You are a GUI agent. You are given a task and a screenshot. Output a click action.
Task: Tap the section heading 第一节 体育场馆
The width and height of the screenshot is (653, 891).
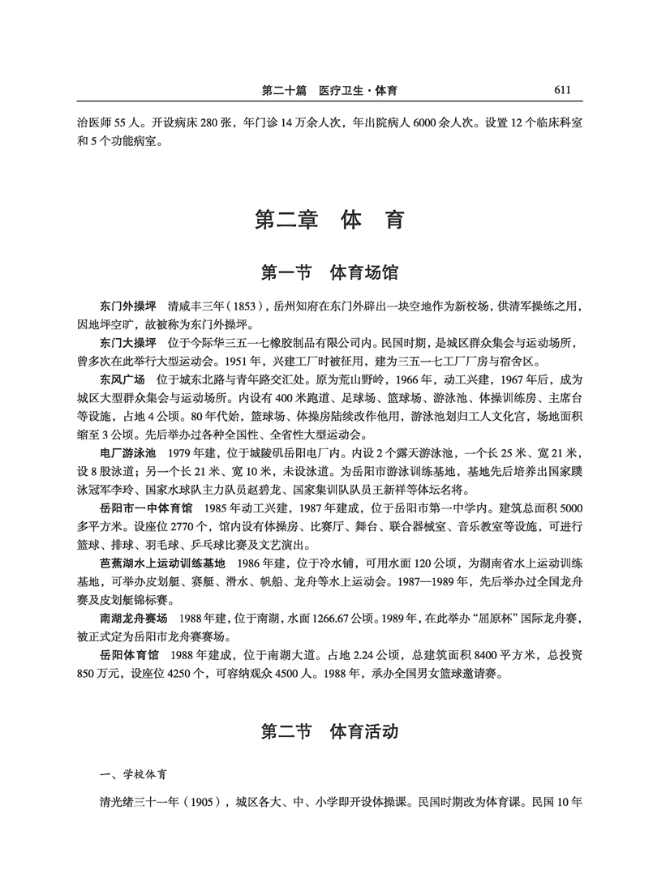click(x=328, y=272)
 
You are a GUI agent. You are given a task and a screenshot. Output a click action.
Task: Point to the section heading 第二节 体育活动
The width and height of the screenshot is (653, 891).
click(x=328, y=732)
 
